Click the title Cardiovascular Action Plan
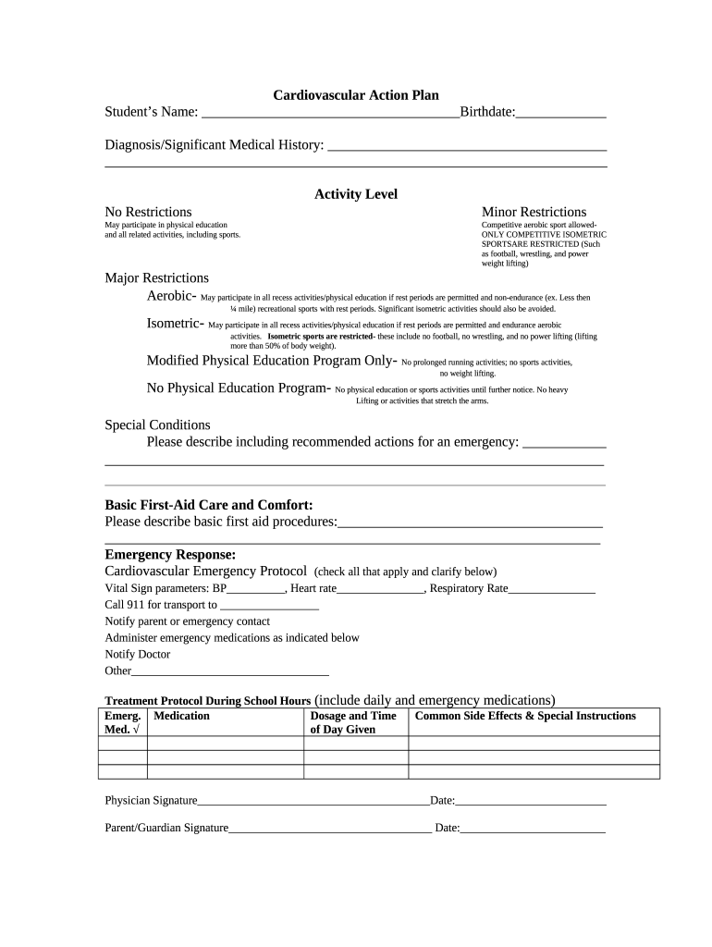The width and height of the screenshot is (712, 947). coord(355,95)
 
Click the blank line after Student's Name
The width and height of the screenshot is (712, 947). coord(329,114)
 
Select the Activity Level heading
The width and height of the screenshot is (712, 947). coord(355,194)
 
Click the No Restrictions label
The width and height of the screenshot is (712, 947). coord(148,212)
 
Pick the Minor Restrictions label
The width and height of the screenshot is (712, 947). coord(534,212)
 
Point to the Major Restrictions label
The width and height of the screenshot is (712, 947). coord(156,277)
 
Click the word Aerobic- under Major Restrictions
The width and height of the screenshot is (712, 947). coord(171,296)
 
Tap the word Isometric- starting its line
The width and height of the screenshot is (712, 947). coord(176,324)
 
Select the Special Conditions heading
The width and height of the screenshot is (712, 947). coord(157,425)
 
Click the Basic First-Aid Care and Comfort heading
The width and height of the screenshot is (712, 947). coord(209,505)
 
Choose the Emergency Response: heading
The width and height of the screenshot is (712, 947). coord(170,555)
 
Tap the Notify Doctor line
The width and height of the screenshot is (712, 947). coord(138,655)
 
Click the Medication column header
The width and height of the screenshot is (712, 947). coord(182,716)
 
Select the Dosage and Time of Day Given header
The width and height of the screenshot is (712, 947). coord(353,722)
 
